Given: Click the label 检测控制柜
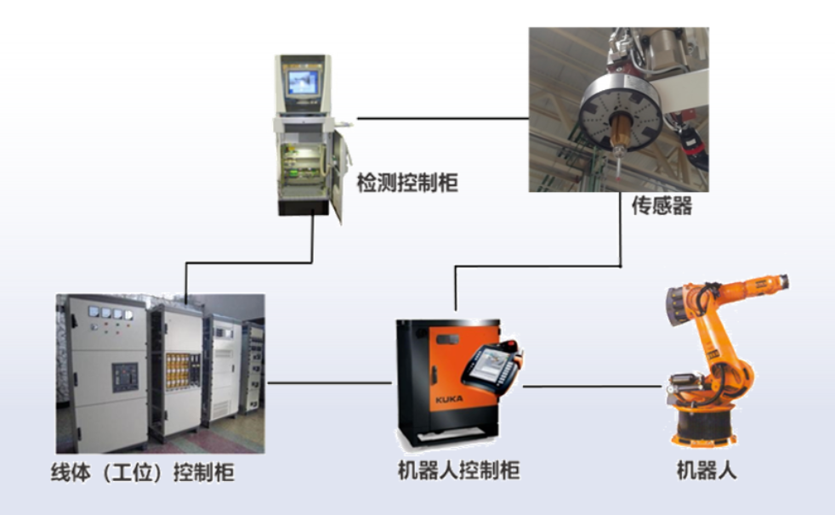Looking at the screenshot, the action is tap(407, 183).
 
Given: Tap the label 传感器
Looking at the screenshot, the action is tap(662, 206).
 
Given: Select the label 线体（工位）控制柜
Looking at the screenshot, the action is tap(143, 473).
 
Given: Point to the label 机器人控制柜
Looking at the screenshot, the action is tap(459, 470).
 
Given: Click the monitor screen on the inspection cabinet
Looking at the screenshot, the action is tap(303, 82).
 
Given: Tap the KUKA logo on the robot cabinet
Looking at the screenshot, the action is tap(449, 399).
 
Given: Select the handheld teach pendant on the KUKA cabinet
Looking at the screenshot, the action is tap(491, 368).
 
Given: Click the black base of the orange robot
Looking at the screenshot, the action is tap(704, 425).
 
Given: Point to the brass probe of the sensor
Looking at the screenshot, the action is tap(620, 133).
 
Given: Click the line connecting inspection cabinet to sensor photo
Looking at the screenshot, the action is tap(442, 118).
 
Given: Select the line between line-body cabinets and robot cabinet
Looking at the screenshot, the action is tap(329, 382).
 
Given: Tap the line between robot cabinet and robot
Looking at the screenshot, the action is tap(592, 386).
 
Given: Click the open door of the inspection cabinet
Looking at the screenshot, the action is tap(338, 177).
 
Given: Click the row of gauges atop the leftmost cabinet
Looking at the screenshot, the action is tap(111, 314).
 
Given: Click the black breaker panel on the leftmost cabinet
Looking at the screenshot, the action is tap(125, 376).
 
